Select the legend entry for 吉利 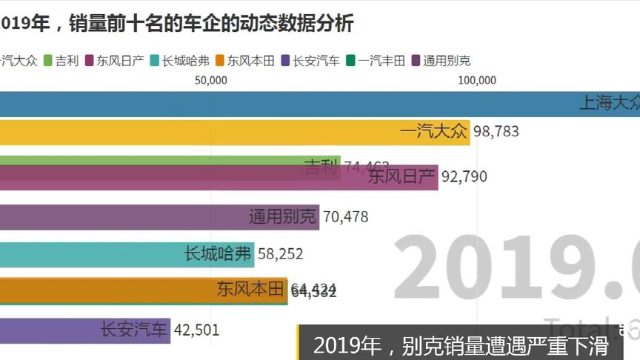pyautogui.click(x=61, y=61)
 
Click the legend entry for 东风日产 pyautogui.click(x=115, y=61)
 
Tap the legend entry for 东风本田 pyautogui.click(x=245, y=61)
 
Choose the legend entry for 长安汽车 pyautogui.click(x=310, y=61)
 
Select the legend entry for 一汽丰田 pyautogui.click(x=376, y=61)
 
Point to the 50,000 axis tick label pyautogui.click(x=211, y=80)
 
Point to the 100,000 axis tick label pyautogui.click(x=476, y=80)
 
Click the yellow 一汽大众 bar pyautogui.click(x=222, y=132)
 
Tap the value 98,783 pyautogui.click(x=496, y=132)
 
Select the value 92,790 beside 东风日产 pyautogui.click(x=464, y=177)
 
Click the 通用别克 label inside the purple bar pyautogui.click(x=282, y=217)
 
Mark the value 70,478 pyautogui.click(x=346, y=217)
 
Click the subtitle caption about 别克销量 pyautogui.click(x=460, y=346)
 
